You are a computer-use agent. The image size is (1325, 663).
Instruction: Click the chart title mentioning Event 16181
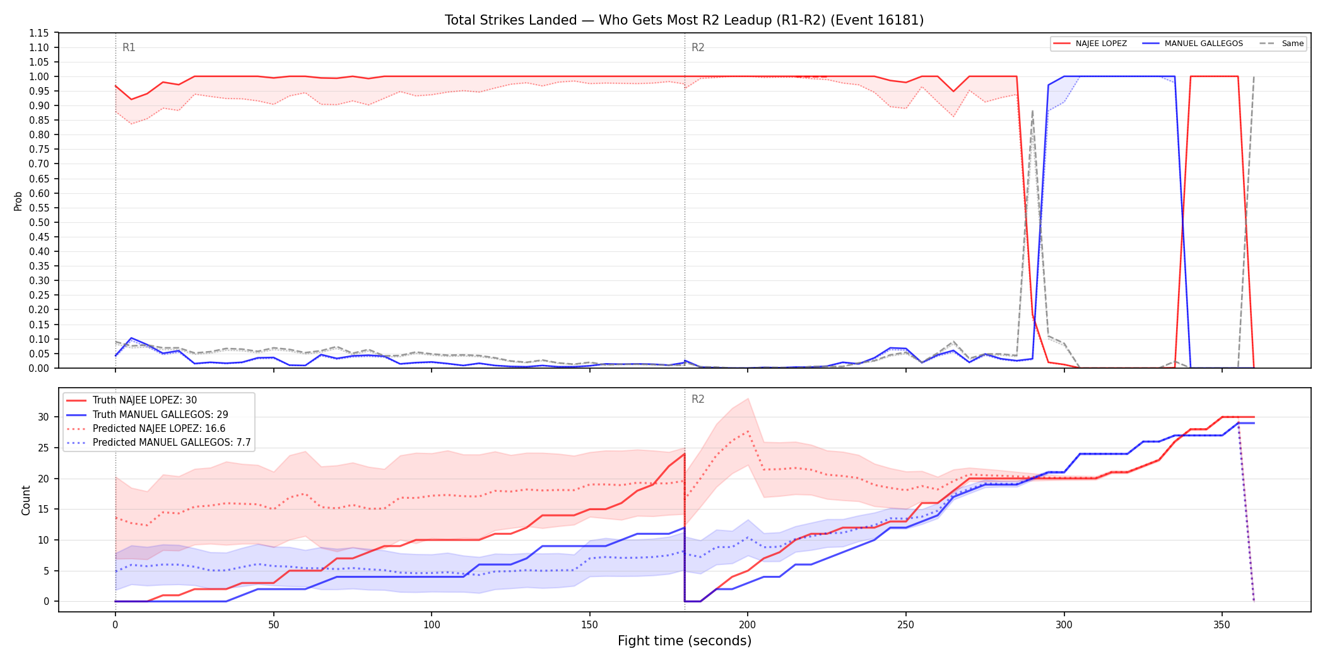pyautogui.click(x=684, y=20)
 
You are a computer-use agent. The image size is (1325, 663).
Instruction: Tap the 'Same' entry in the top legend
pyautogui.click(x=1281, y=44)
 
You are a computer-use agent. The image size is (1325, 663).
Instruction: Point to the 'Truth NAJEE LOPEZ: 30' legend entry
pyautogui.click(x=132, y=400)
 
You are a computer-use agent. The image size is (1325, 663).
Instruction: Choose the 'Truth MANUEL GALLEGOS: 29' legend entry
pyautogui.click(x=148, y=414)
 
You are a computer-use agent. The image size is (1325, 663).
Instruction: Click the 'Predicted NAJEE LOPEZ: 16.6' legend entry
pyautogui.click(x=146, y=428)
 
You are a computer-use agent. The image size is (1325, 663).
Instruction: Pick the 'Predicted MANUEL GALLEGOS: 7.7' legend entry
pyautogui.click(x=159, y=442)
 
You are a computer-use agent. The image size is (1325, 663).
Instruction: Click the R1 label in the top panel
pyautogui.click(x=129, y=47)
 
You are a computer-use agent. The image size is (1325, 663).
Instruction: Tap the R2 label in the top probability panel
pyautogui.click(x=698, y=47)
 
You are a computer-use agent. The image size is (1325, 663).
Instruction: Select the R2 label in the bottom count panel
pyautogui.click(x=698, y=399)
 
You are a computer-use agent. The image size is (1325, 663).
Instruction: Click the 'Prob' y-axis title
pyautogui.click(x=18, y=201)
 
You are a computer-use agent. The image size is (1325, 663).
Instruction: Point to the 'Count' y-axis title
pyautogui.click(x=26, y=500)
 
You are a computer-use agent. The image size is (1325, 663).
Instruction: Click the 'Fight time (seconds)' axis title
pyautogui.click(x=685, y=641)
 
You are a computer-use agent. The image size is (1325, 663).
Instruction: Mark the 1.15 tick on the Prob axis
pyautogui.click(x=39, y=33)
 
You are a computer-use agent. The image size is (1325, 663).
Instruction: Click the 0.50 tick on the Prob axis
pyautogui.click(x=39, y=222)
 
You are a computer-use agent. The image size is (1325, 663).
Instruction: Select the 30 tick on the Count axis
pyautogui.click(x=43, y=417)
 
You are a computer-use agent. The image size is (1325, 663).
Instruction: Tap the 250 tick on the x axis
pyautogui.click(x=905, y=625)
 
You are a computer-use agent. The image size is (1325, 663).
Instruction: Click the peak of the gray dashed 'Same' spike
pyautogui.click(x=1032, y=111)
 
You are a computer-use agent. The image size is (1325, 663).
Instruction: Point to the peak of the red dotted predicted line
pyautogui.click(x=748, y=431)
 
